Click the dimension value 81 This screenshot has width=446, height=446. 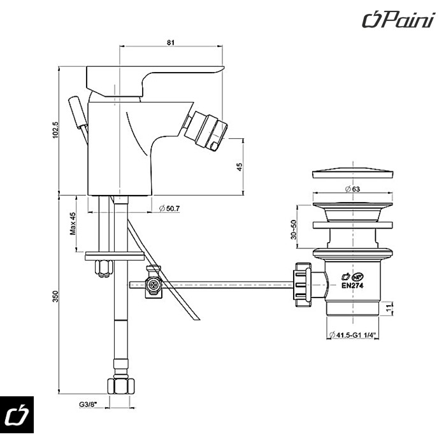[x=171, y=43]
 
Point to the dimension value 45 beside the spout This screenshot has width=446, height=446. [x=239, y=166]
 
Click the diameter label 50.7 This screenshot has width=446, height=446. [x=169, y=208]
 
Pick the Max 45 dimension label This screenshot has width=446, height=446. [x=73, y=224]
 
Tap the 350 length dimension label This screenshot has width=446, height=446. [x=55, y=296]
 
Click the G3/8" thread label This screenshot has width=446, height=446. [x=88, y=403]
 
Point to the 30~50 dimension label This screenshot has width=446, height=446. [x=293, y=230]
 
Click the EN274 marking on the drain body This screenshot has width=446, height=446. [x=352, y=286]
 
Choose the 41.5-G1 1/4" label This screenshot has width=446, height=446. [x=354, y=336]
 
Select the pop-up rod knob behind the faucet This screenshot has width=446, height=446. [x=76, y=110]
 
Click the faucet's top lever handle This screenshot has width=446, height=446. [x=153, y=75]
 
